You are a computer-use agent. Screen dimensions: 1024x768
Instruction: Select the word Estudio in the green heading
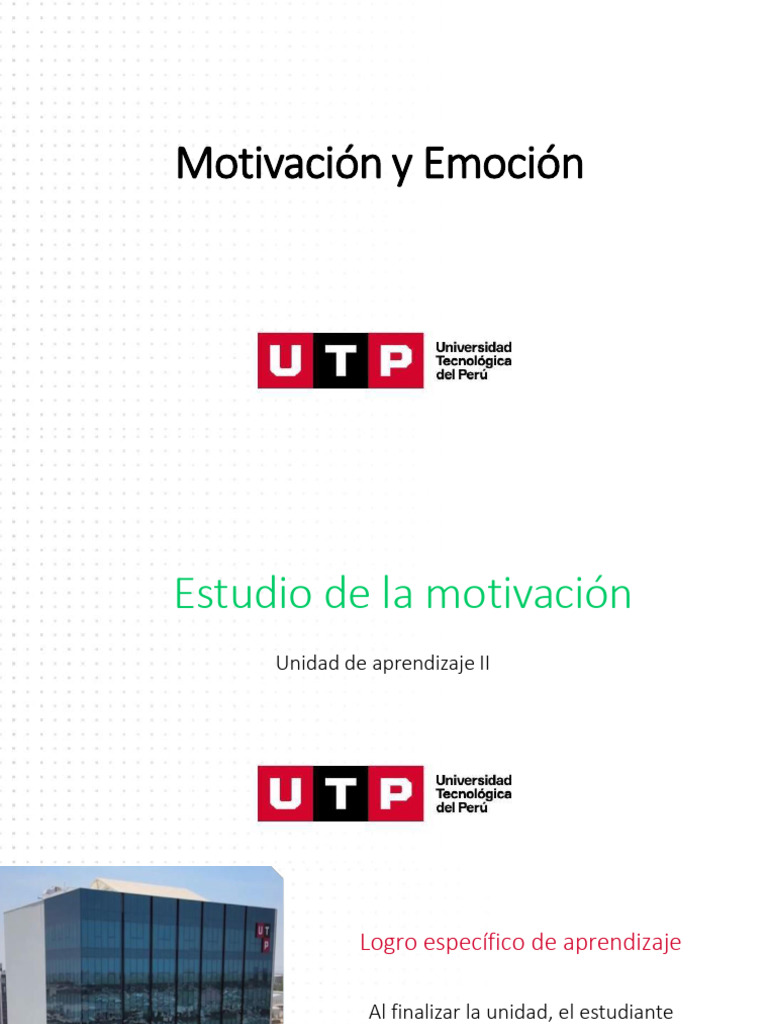pos(232,594)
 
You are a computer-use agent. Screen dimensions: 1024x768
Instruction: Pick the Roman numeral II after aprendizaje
pos(483,663)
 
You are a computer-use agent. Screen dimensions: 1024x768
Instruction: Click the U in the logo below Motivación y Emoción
pos(286,361)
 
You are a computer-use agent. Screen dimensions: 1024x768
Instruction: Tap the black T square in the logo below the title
pos(341,361)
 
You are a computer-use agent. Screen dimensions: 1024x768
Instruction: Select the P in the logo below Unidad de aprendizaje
pos(396,794)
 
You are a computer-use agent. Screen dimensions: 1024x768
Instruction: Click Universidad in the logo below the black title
pos(473,347)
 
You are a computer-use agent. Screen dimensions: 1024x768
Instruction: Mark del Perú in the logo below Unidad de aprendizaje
pos(461,808)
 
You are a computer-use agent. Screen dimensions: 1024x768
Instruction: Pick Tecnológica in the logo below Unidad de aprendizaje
pos(473,794)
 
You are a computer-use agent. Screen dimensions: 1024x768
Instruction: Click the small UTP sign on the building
pos(263,937)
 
